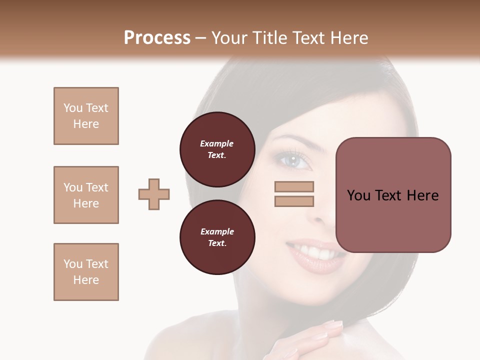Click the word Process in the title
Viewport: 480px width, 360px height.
coord(157,38)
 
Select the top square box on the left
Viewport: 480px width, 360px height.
coord(86,116)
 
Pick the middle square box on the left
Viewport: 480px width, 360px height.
coord(86,195)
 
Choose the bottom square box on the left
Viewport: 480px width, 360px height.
coord(86,272)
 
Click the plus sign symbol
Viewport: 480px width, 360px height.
coord(154,194)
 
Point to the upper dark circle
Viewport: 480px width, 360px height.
coord(217,149)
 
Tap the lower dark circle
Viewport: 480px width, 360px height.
coord(217,237)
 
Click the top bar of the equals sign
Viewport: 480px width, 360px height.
coord(294,186)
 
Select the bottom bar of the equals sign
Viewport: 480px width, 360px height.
coord(294,201)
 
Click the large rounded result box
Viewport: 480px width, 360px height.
coord(393,195)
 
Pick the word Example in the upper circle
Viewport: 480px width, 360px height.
coord(217,143)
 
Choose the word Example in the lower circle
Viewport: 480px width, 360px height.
coord(217,231)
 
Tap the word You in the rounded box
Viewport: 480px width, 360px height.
coord(358,195)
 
